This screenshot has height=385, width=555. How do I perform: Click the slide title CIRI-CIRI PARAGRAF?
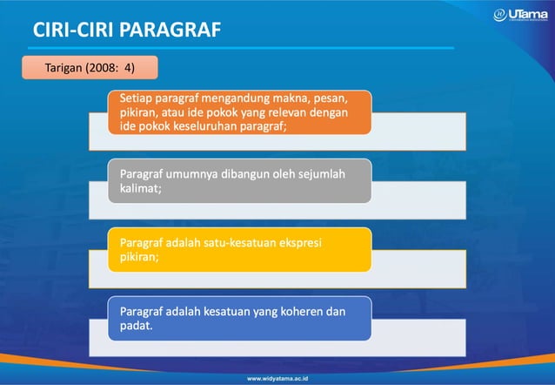point(127,30)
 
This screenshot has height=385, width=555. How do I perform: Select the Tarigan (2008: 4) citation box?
point(90,66)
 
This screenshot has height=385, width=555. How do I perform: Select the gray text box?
point(240,180)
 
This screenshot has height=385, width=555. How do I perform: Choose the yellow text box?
point(240,250)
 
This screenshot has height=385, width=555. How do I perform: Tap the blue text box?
point(240,319)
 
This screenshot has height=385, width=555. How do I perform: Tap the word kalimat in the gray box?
point(138,188)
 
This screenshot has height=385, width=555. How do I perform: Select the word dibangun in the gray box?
point(249,174)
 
